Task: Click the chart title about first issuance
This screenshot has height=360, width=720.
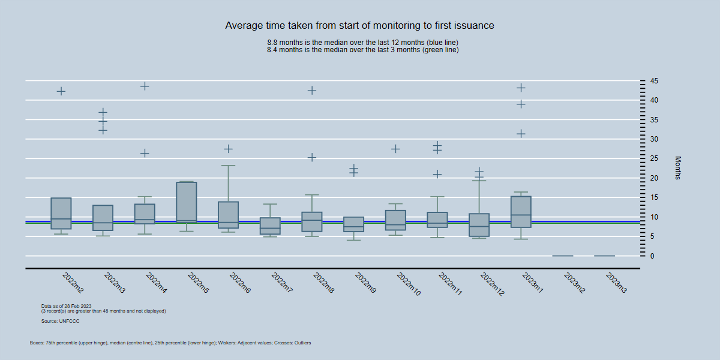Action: [x=359, y=26]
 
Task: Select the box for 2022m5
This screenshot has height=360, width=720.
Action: [x=187, y=202]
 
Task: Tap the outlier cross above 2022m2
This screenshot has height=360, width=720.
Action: [x=61, y=91]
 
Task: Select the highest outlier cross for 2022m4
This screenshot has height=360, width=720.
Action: [x=145, y=86]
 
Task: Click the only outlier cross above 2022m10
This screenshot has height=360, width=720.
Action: [x=395, y=149]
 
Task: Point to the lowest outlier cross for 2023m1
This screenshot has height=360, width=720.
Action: [x=521, y=134]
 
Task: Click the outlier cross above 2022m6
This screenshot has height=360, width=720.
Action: [x=228, y=149]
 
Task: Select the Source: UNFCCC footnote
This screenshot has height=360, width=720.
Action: [x=60, y=322]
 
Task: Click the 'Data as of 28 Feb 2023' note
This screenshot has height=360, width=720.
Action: [x=66, y=306]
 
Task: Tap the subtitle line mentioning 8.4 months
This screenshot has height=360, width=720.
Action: [x=362, y=50]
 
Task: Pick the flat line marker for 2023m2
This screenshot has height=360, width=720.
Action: [x=563, y=256]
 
